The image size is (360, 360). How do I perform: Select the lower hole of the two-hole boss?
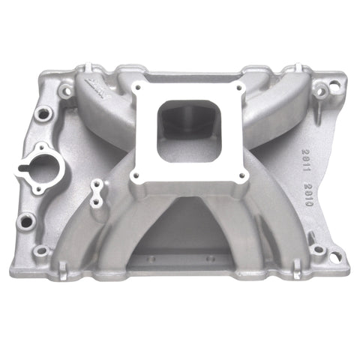coord(95,201)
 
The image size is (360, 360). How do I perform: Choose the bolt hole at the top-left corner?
coord(66,91)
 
